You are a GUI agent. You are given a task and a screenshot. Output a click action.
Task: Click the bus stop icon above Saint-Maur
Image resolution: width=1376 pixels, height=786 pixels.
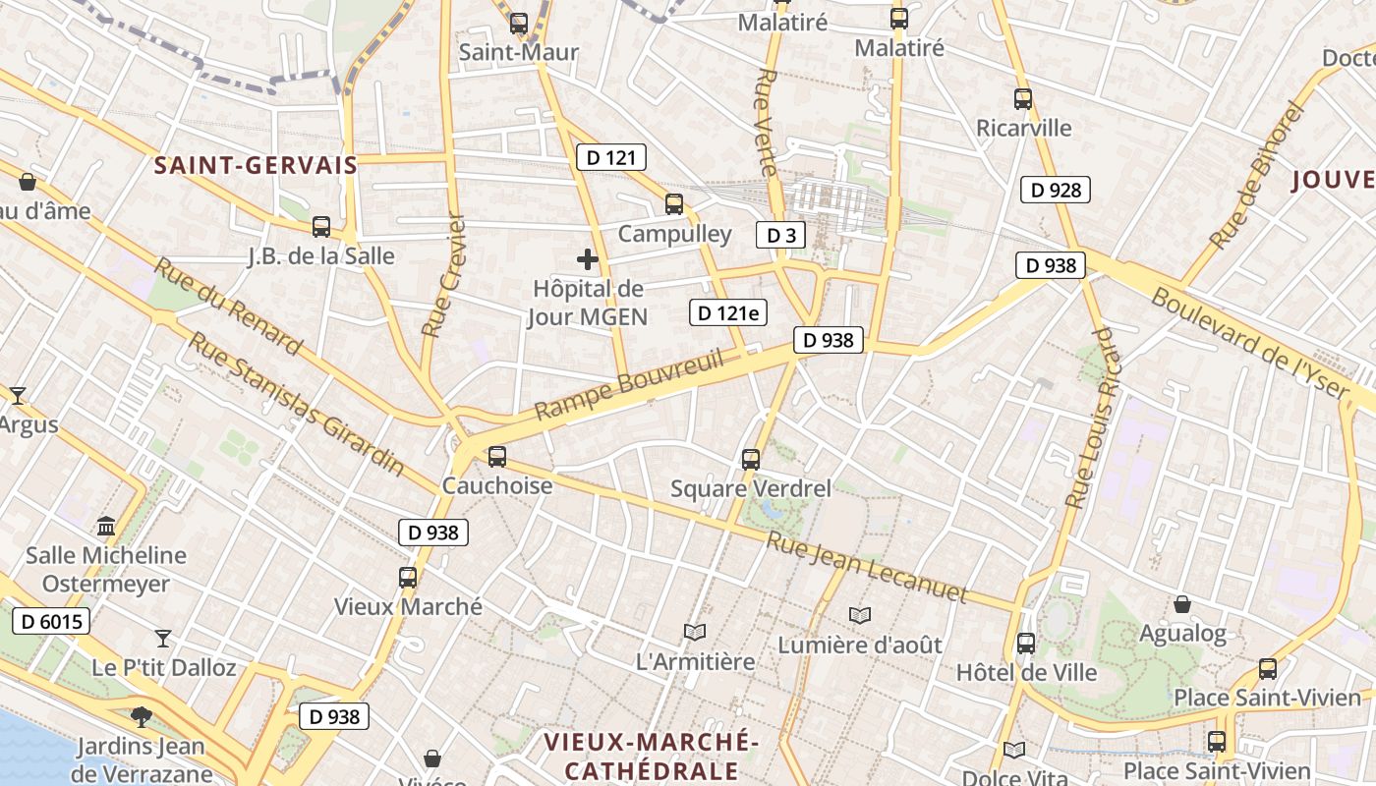pos(519,23)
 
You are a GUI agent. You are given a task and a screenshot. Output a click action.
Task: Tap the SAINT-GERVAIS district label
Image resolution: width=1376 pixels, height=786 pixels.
pos(256,165)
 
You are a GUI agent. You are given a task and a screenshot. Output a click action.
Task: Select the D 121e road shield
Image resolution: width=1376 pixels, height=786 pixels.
pos(728,312)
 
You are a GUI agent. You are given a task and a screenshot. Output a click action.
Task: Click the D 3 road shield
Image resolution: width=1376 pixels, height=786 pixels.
pos(780,235)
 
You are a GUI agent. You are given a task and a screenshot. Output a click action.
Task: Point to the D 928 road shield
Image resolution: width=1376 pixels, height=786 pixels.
pos(1057,190)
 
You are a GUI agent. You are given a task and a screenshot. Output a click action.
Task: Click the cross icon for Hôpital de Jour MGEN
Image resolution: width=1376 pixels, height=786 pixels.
pos(588,259)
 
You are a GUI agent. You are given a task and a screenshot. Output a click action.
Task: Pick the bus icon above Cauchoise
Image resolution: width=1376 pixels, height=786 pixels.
pos(497,456)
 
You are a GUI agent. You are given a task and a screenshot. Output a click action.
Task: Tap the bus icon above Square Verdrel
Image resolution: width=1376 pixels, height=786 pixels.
pos(751,459)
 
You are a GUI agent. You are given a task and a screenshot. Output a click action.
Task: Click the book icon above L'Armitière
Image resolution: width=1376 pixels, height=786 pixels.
pos(695,632)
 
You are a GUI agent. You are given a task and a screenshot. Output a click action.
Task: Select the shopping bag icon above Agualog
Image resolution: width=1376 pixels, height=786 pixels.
pos(1182,603)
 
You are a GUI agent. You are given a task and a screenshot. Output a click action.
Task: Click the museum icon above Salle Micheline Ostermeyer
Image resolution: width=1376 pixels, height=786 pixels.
pos(106,526)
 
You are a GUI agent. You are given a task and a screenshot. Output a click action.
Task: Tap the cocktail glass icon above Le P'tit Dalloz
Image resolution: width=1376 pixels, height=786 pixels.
pos(163,639)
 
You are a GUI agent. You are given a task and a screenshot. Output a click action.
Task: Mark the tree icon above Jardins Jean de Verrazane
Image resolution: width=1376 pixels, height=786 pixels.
pos(141,716)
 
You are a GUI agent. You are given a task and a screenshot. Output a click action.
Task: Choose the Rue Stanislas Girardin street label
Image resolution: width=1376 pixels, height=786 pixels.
pos(296,403)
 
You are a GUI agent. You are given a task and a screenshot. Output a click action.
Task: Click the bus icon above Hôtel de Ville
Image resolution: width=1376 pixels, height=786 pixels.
pos(1026,644)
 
